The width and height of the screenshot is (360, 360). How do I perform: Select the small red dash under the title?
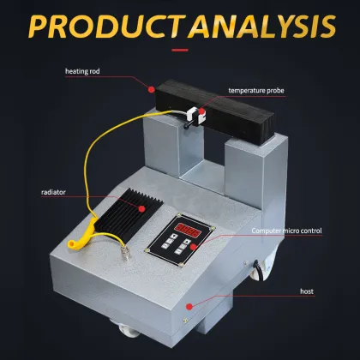[x=179, y=50]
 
